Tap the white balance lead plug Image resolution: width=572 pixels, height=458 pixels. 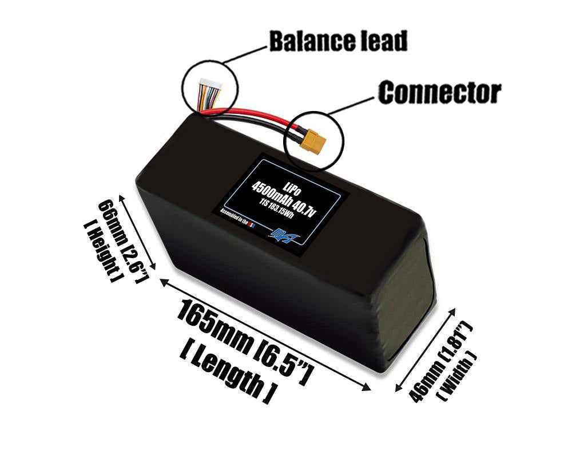click(x=209, y=87)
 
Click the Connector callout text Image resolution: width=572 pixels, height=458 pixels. click(x=439, y=92)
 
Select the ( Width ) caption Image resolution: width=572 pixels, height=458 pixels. click(x=457, y=376)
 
